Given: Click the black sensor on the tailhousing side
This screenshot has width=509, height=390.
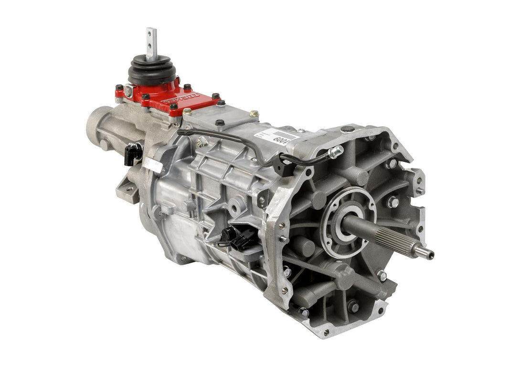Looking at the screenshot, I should point(133,153).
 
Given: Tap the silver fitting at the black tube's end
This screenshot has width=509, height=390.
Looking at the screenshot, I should point(336,151).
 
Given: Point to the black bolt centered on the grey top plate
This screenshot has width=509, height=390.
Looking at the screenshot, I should point(220,123).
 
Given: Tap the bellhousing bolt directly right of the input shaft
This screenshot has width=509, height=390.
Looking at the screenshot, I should point(392,202).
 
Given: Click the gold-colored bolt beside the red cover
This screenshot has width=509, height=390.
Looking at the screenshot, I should point(254,114).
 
